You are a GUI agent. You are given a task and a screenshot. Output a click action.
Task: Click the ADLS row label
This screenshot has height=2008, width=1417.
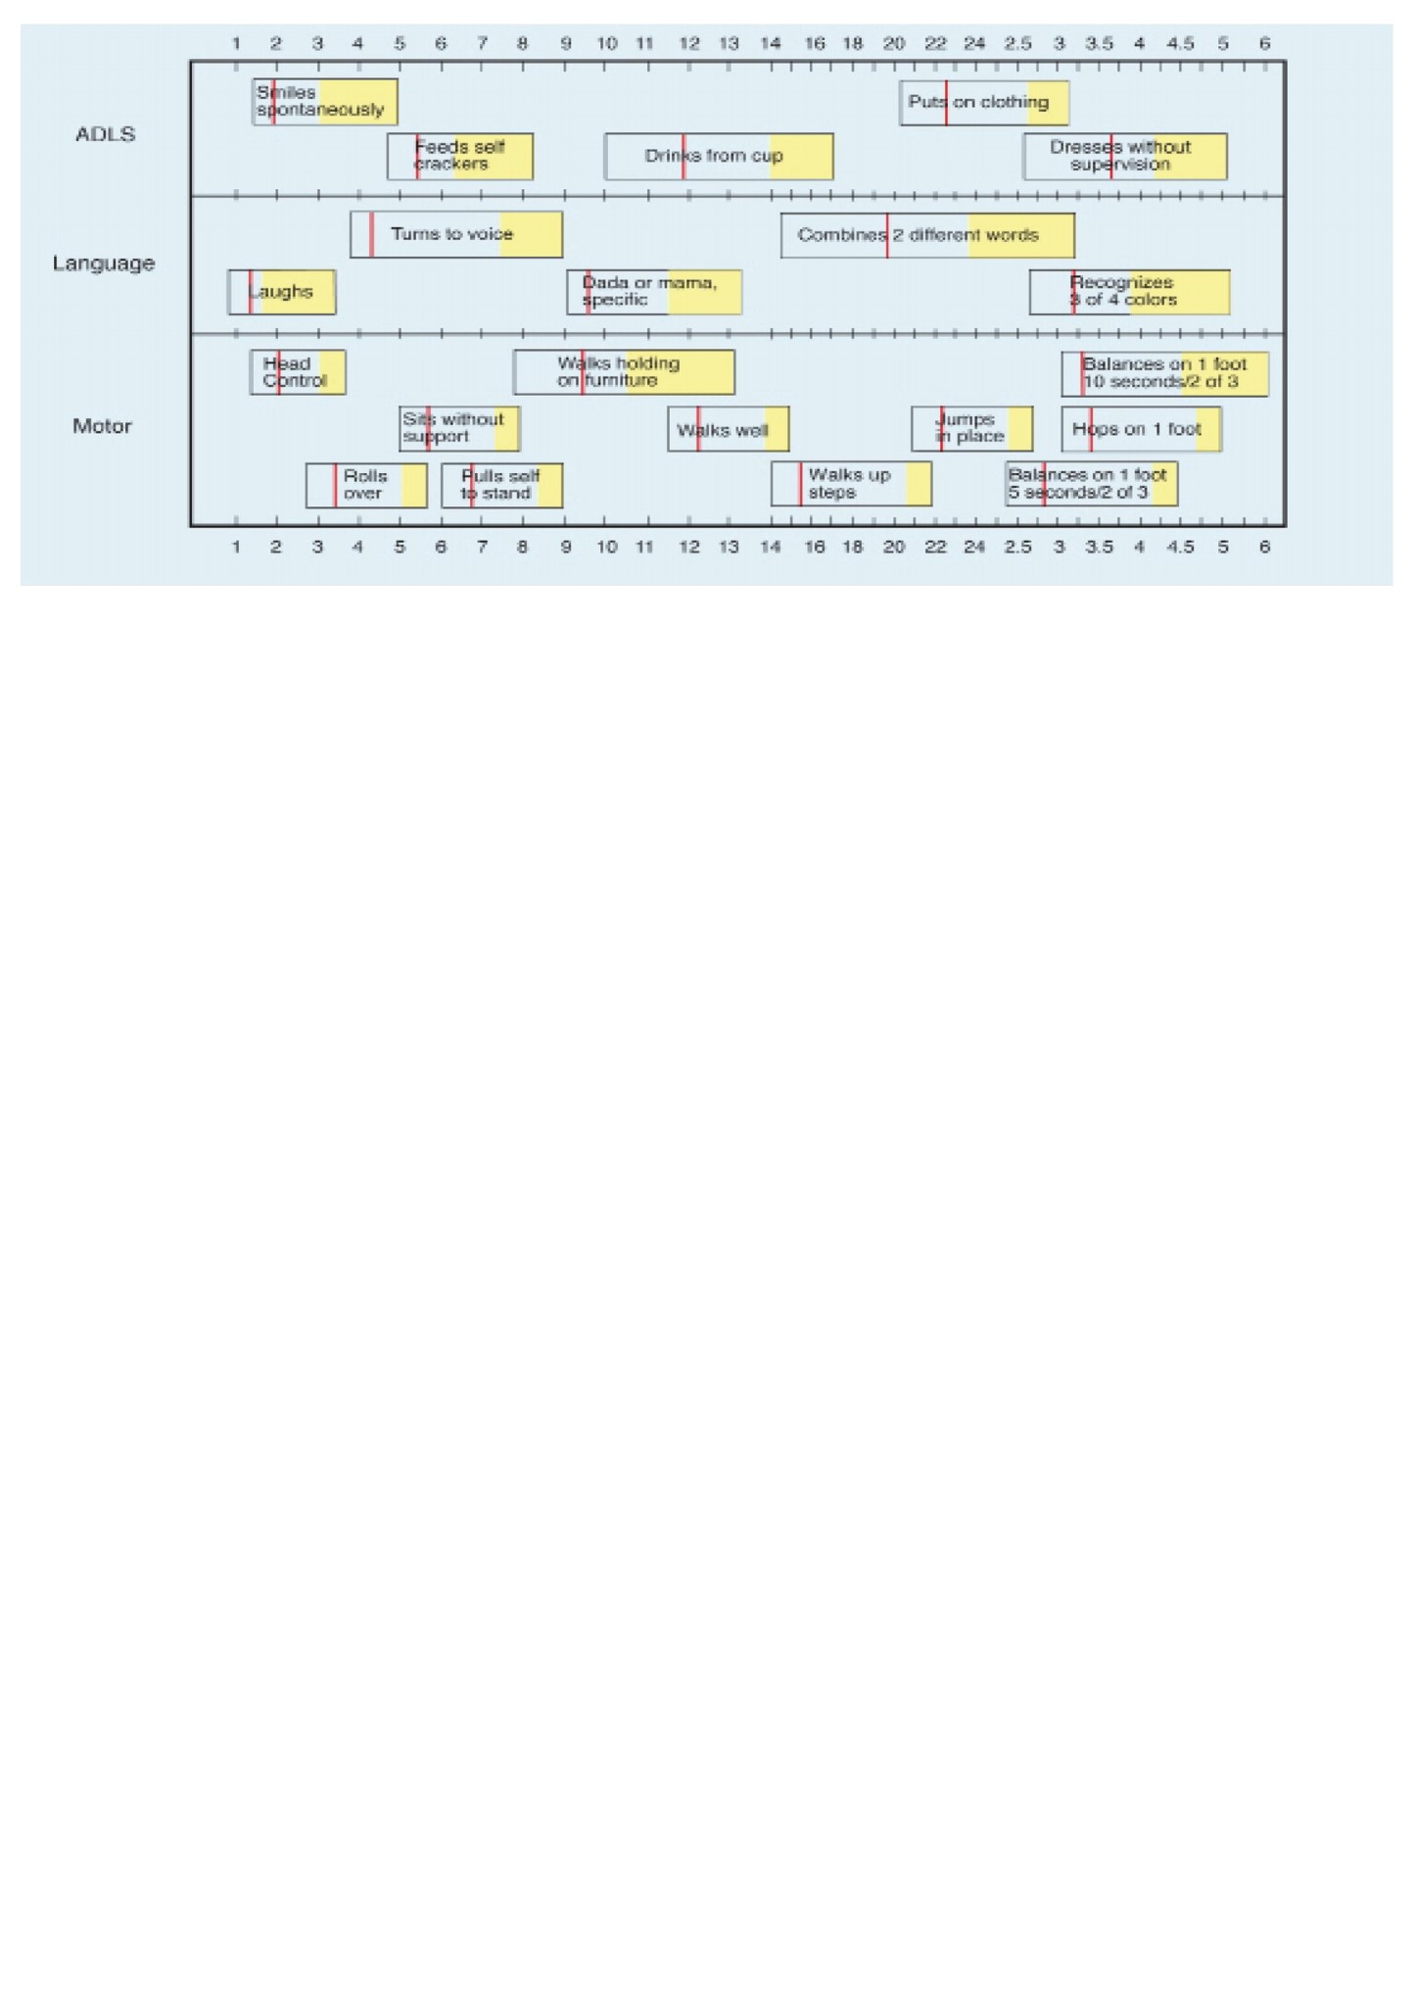(105, 134)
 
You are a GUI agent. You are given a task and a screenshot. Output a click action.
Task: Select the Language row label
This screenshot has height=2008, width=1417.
(104, 263)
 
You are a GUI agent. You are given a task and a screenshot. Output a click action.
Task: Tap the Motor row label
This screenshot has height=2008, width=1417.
(102, 426)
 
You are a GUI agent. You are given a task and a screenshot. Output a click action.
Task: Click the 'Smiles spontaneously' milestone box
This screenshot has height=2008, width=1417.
(324, 101)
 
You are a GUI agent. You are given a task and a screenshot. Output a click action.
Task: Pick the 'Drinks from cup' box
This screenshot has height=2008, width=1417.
(719, 157)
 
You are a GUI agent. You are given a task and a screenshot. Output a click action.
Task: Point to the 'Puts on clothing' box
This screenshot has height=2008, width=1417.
(984, 103)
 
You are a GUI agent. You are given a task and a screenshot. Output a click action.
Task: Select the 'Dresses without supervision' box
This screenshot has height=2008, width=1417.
(1125, 157)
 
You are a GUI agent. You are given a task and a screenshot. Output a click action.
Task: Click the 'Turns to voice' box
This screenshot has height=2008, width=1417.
(456, 234)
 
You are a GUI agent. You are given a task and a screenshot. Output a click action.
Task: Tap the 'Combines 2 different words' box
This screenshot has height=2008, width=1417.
(927, 235)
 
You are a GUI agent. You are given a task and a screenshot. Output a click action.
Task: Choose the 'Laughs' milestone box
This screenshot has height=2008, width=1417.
(282, 292)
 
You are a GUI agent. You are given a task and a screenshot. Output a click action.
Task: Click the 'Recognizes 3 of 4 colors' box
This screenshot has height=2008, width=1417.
(1129, 292)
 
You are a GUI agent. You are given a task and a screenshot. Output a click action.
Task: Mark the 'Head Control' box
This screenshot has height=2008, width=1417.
(298, 372)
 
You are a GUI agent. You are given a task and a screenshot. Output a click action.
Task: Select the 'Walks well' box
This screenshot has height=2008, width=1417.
(729, 429)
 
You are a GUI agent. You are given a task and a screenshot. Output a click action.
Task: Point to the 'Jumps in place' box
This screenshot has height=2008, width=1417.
(971, 429)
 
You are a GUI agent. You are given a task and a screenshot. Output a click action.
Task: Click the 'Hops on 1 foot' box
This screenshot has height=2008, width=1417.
(1141, 429)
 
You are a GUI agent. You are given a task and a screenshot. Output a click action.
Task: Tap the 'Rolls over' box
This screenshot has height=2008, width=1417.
(366, 485)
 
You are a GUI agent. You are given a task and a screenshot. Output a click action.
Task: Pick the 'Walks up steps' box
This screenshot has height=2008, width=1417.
(851, 484)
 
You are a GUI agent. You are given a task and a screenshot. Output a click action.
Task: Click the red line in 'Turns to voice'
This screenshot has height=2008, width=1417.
(372, 234)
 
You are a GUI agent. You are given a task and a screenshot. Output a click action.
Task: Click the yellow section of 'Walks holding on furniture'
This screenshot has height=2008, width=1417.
(681, 372)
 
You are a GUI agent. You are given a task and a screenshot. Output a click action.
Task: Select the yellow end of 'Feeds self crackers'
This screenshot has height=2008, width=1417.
(494, 157)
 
